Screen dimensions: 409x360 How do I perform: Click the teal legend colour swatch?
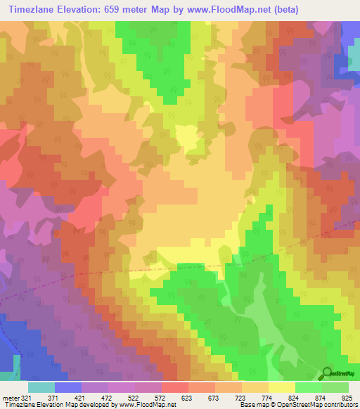(x=41, y=387)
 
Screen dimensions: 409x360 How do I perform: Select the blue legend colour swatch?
(x=68, y=387)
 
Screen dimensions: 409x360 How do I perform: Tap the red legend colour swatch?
(x=175, y=387)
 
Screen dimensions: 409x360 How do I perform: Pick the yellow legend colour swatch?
(x=282, y=387)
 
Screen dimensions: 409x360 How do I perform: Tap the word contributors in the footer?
(x=339, y=405)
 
